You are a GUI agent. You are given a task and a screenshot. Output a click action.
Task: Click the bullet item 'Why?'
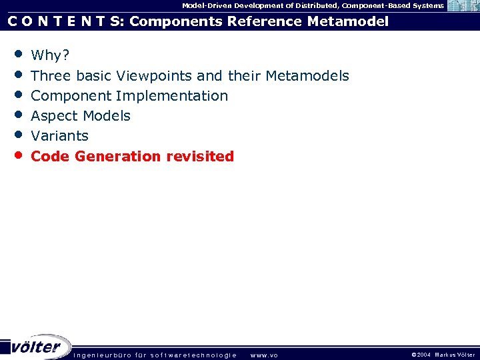(50, 55)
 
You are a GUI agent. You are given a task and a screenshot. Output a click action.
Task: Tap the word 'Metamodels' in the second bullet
(307, 75)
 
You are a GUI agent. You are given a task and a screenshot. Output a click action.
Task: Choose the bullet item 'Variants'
(59, 135)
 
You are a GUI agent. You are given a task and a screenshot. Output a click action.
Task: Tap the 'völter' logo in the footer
(37, 347)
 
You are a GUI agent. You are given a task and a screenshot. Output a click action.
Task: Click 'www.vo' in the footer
(264, 355)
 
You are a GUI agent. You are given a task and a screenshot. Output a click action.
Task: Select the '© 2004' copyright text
(421, 355)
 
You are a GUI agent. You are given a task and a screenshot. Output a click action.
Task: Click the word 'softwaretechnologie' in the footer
(193, 355)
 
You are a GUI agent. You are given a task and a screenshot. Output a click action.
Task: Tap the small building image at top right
(462, 6)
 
